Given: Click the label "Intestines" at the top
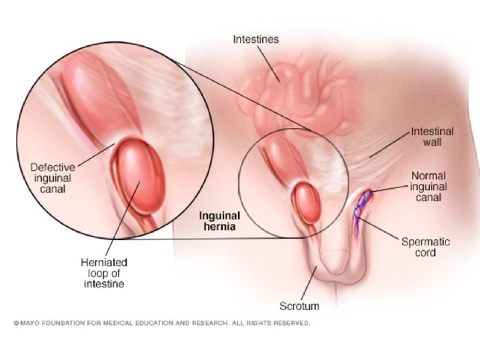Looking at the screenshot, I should [256, 39].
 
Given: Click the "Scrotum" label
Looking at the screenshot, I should [299, 307].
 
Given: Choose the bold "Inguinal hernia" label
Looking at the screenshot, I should [220, 221].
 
